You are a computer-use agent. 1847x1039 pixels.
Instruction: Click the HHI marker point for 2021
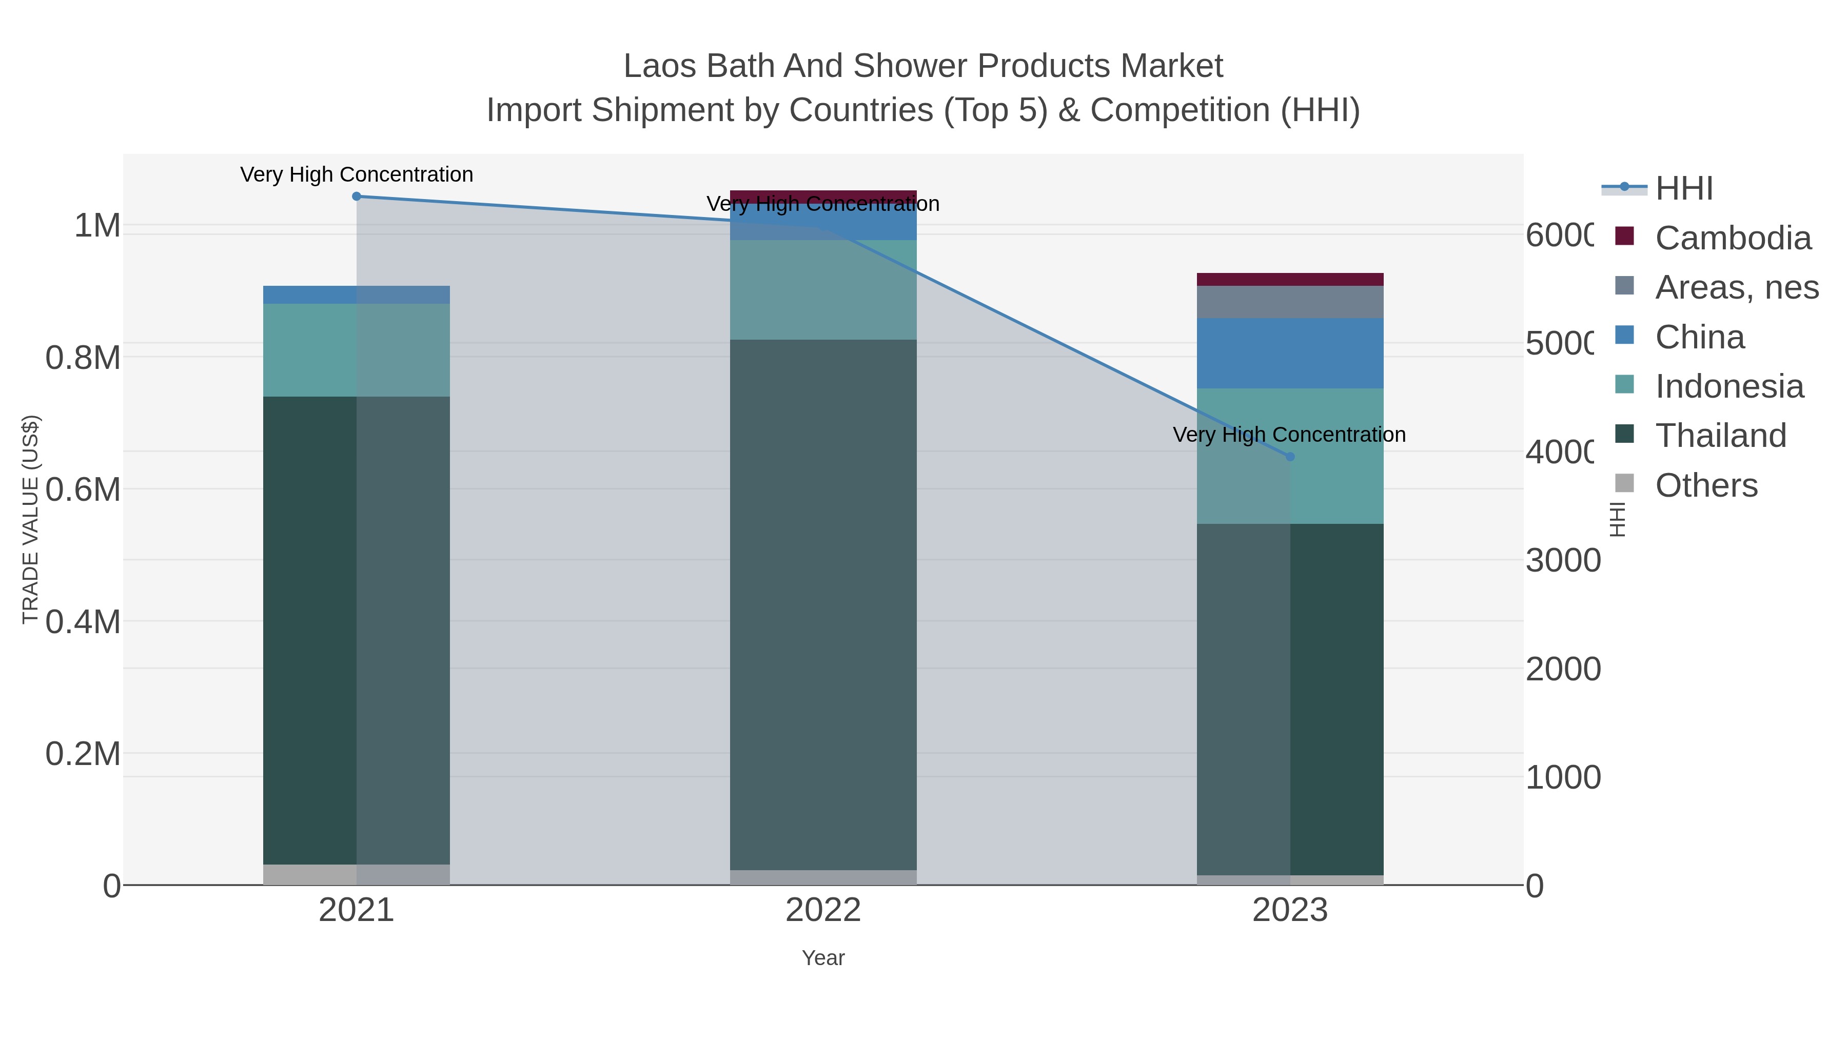pos(357,197)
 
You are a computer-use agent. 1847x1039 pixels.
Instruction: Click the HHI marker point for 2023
pos(1290,457)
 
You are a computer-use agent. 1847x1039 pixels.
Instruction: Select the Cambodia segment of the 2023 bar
pos(1290,280)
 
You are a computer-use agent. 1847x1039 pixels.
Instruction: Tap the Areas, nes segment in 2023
pos(1290,302)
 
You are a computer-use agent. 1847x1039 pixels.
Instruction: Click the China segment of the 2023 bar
pos(1290,354)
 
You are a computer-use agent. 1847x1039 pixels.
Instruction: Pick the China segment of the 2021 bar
pos(357,295)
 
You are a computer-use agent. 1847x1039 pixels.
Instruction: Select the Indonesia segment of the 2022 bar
pos(823,290)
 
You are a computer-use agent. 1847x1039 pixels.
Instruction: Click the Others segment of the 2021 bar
pos(357,874)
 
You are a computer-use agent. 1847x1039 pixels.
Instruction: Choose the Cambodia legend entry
pos(1732,238)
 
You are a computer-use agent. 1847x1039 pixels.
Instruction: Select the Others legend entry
pos(1706,485)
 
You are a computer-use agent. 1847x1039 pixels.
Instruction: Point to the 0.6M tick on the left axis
pos(83,490)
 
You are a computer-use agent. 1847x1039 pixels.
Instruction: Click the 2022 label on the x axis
pos(823,911)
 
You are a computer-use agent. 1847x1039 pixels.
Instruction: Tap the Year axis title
pos(823,958)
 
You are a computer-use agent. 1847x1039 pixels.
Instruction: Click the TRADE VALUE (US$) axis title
pos(30,519)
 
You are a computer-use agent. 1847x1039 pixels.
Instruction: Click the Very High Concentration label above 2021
pos(357,174)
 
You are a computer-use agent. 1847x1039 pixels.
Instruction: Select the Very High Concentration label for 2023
pos(1289,435)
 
